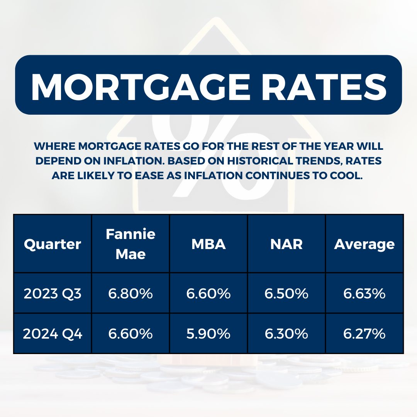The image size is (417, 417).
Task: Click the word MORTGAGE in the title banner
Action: (x=141, y=87)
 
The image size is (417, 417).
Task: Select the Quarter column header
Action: (x=53, y=244)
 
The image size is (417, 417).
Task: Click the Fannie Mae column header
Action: (x=131, y=244)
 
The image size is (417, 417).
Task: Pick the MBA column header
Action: (x=208, y=244)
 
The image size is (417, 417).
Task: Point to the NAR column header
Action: (x=286, y=244)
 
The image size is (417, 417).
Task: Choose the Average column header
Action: (x=364, y=244)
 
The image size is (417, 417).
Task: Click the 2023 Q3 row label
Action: (x=53, y=293)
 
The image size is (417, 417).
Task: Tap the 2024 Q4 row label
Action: (x=53, y=334)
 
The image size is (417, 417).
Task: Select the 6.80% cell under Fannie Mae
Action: (x=131, y=293)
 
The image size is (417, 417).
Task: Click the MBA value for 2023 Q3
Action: (x=208, y=293)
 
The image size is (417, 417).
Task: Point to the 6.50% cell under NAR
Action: (x=286, y=293)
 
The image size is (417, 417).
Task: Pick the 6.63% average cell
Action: (x=364, y=293)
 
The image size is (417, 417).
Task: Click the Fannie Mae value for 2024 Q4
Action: (x=131, y=334)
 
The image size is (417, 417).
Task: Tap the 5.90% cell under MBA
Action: (x=208, y=334)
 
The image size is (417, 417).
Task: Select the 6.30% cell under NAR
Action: (x=286, y=334)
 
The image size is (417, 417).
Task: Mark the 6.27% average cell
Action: (x=364, y=334)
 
